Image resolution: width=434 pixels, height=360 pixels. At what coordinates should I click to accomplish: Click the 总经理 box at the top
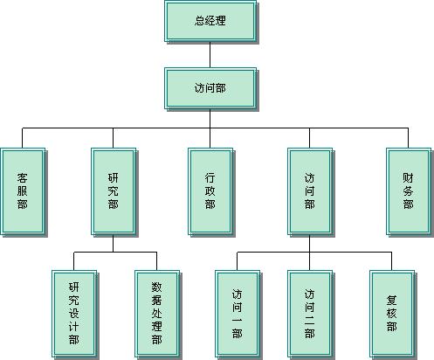[x=210, y=21]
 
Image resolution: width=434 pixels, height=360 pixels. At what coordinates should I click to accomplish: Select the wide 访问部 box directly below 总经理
[x=210, y=88]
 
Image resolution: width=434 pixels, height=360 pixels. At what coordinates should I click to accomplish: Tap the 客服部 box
[x=23, y=191]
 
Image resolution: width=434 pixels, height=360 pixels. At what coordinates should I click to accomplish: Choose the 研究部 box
[x=114, y=191]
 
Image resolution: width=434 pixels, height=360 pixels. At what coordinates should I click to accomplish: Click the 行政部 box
[x=210, y=191]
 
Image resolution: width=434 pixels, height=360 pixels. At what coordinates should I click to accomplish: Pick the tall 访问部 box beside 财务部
[x=310, y=191]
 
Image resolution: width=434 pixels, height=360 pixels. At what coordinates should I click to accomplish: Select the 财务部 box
[x=409, y=191]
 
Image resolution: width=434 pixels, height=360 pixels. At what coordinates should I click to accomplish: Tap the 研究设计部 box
[x=74, y=314]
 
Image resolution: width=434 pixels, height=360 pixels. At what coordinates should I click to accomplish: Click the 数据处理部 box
[x=157, y=314]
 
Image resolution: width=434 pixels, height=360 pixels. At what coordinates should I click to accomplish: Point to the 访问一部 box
[x=238, y=314]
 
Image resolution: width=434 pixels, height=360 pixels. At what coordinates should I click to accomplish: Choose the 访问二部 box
[x=310, y=314]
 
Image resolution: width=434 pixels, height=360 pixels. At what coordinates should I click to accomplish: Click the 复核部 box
[x=392, y=314]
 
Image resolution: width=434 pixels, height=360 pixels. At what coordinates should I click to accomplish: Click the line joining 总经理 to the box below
[x=210, y=55]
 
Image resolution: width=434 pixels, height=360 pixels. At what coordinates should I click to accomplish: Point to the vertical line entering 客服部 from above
[x=23, y=138]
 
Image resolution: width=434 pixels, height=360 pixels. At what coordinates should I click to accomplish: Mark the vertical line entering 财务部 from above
[x=408, y=138]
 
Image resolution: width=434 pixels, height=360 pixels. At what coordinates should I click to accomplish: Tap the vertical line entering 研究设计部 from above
[x=73, y=261]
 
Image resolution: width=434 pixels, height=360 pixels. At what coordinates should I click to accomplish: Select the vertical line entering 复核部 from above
[x=391, y=261]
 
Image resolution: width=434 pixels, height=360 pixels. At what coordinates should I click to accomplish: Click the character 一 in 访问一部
[x=238, y=320]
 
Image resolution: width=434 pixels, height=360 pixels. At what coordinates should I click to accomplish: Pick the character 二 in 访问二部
[x=310, y=320]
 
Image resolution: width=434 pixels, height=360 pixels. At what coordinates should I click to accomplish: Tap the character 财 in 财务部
[x=408, y=177]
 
